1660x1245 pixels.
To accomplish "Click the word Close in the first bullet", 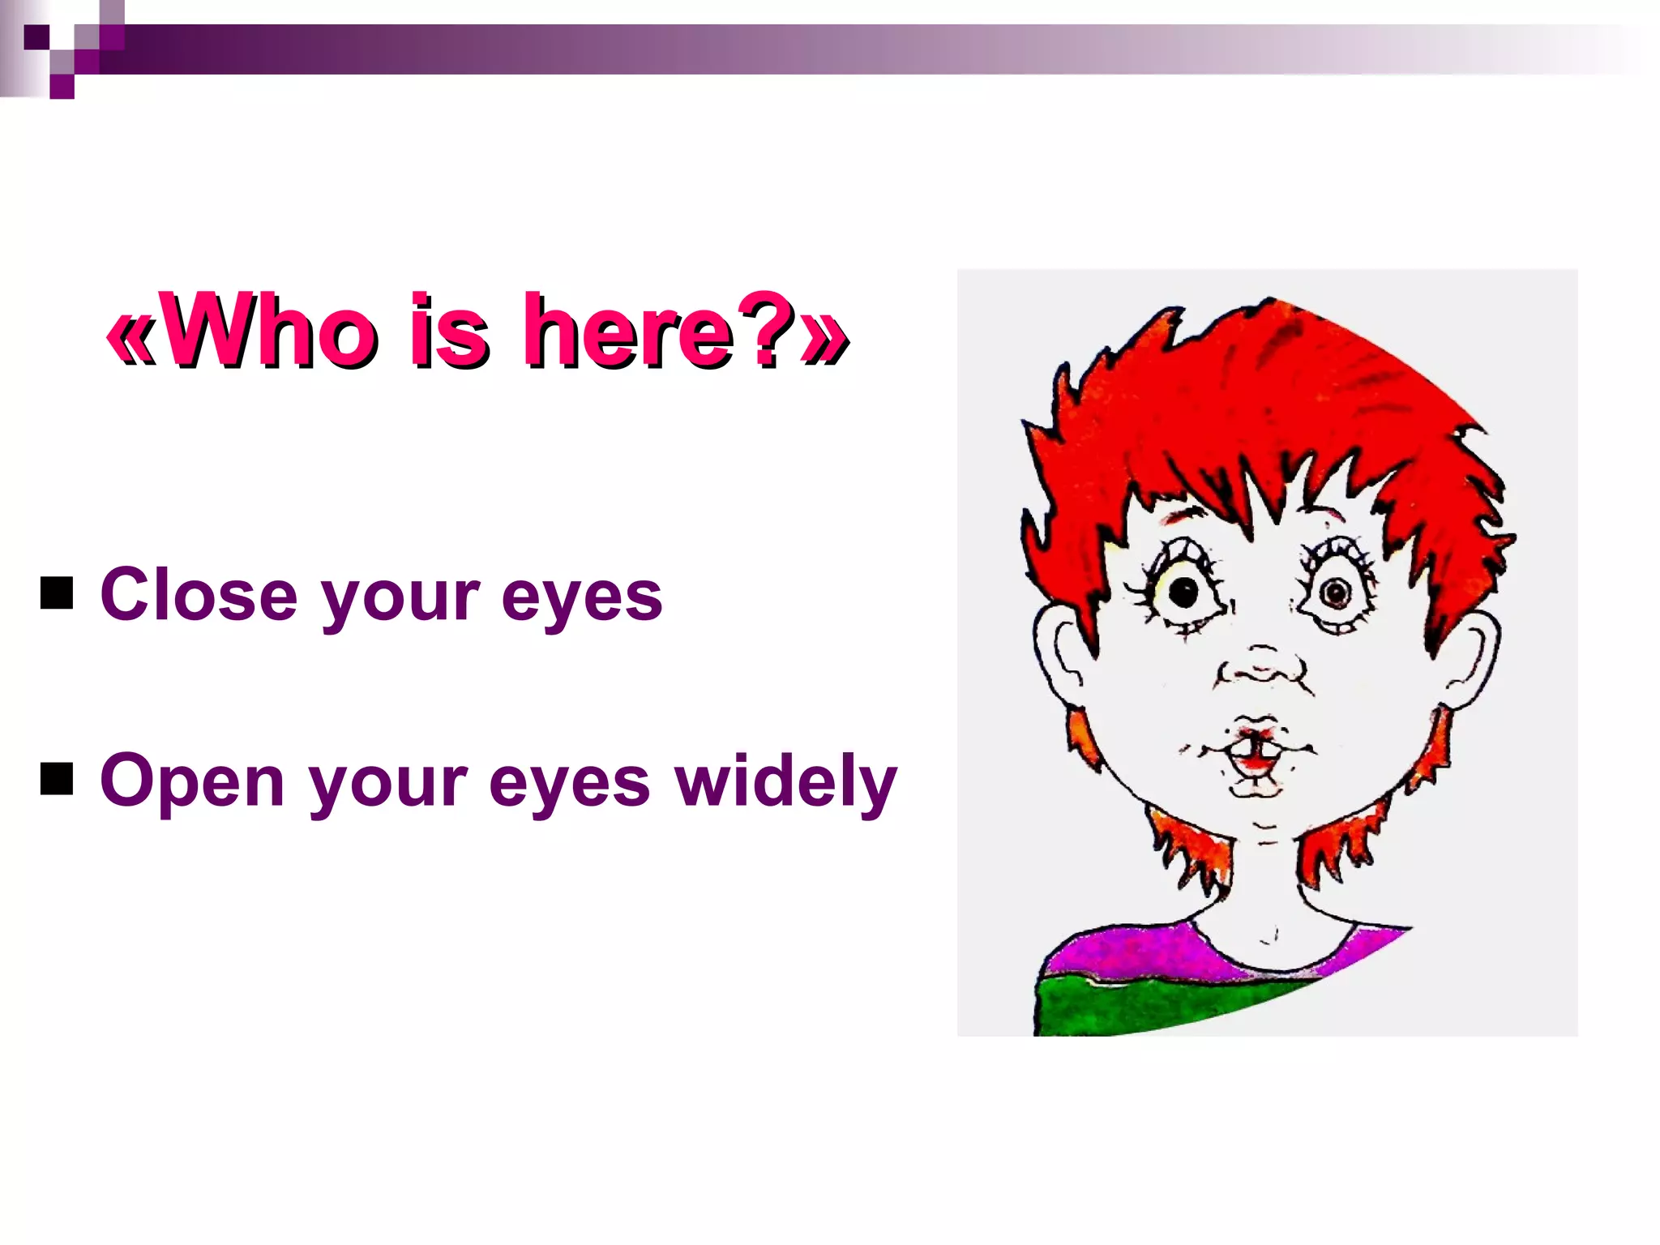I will (x=199, y=596).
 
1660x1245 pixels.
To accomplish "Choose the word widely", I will (x=786, y=781).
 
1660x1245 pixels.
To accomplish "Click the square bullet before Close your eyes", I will (x=57, y=593).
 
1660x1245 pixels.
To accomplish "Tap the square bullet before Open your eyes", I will (x=57, y=779).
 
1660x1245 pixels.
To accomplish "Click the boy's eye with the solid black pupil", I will (x=1183, y=593).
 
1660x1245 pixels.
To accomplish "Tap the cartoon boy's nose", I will (x=1261, y=670).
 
